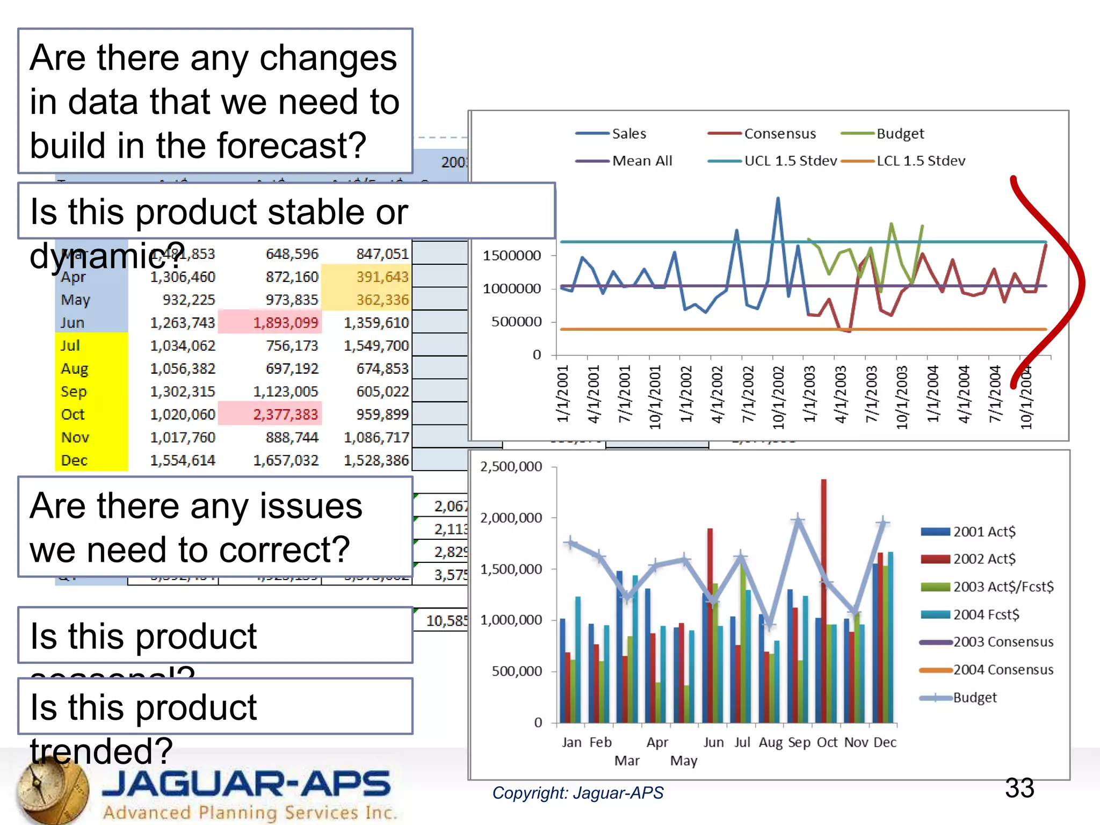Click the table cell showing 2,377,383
285,414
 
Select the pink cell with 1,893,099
285,322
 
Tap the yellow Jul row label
71,345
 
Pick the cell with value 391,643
382,277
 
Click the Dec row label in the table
74,460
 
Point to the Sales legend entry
628,133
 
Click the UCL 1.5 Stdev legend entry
790,161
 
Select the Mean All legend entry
642,161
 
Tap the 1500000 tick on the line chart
511,255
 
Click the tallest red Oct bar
823,591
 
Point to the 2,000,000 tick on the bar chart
511,518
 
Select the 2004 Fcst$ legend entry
986,614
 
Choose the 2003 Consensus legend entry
1003,642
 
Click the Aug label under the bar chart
770,742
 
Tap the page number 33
1019,788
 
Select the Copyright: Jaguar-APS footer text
577,793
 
